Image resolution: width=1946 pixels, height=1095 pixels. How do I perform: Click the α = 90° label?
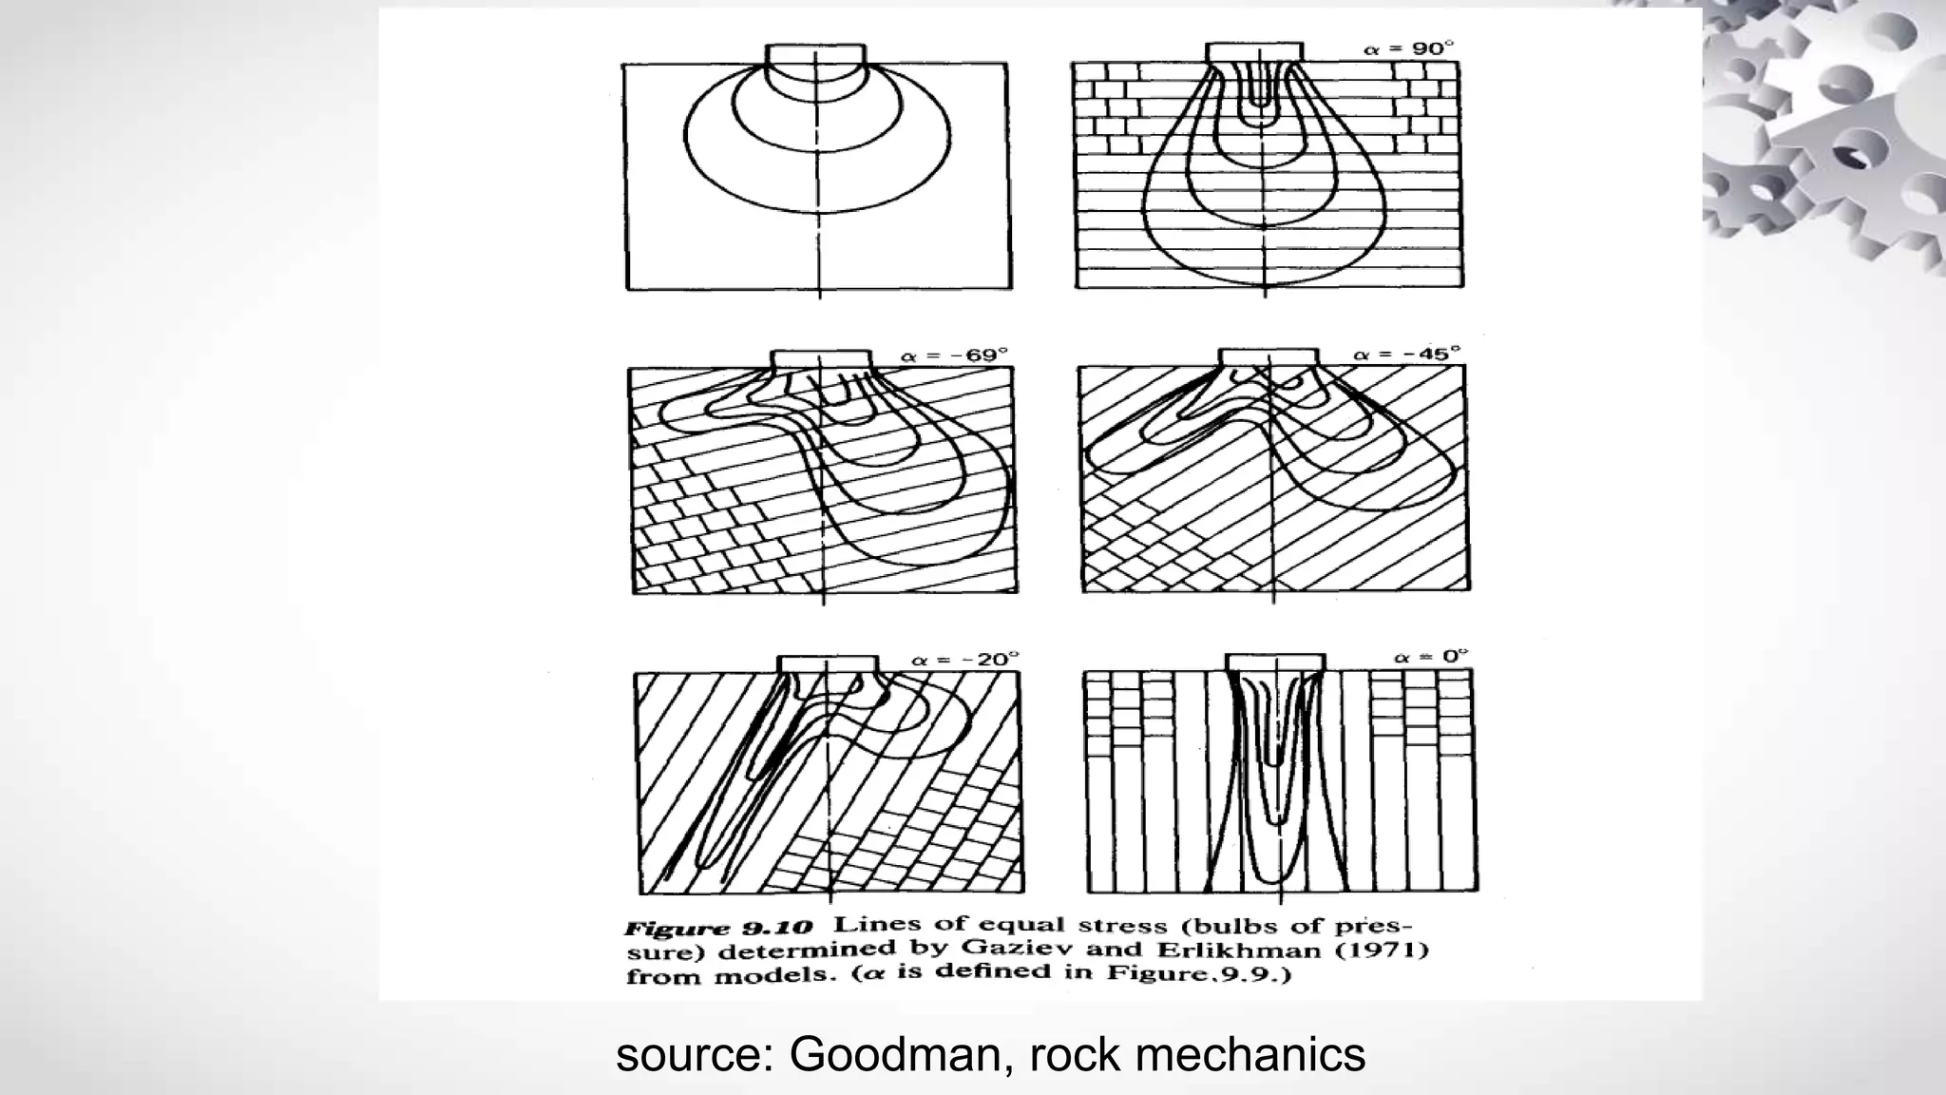point(1409,48)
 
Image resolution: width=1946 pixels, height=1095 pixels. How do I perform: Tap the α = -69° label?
point(953,355)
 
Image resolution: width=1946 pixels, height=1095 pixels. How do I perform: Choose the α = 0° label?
point(1430,657)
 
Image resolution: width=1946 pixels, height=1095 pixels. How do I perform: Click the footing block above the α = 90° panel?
point(1254,52)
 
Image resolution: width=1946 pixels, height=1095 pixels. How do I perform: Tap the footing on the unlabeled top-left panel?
point(815,53)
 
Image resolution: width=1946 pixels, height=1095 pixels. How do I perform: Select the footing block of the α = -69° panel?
point(820,358)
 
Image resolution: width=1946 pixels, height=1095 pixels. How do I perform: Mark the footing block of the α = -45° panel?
point(1268,356)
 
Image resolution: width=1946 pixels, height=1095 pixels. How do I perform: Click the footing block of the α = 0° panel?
point(1275,662)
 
